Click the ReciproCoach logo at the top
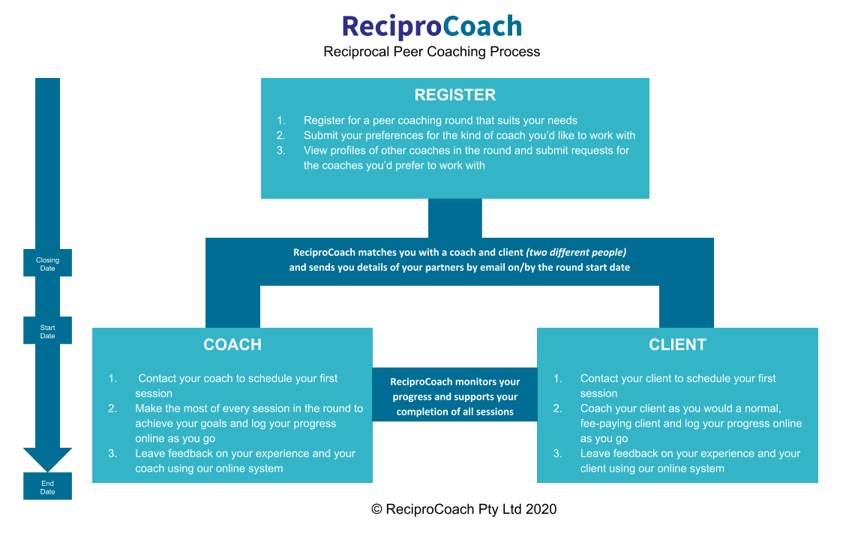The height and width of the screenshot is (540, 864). point(431,26)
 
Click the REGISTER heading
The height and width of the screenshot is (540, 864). point(454,95)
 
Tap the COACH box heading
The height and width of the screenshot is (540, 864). point(232,345)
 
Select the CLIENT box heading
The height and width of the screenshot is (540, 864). point(677,345)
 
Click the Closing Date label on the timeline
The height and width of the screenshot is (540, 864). point(47,263)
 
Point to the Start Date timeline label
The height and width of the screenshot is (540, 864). point(47,331)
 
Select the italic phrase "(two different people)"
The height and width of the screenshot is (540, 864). point(576,253)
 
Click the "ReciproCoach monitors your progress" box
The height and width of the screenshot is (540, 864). point(454,397)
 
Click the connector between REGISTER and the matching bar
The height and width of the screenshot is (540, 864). point(454,218)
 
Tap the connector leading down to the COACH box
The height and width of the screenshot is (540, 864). point(232,307)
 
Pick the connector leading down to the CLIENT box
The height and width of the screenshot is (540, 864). point(686,307)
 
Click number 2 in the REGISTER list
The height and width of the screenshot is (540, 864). point(281,136)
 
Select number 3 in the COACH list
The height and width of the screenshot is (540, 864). point(112,454)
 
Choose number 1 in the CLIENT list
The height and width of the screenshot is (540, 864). point(558,379)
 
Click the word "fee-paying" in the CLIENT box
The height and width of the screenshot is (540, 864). point(606,424)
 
